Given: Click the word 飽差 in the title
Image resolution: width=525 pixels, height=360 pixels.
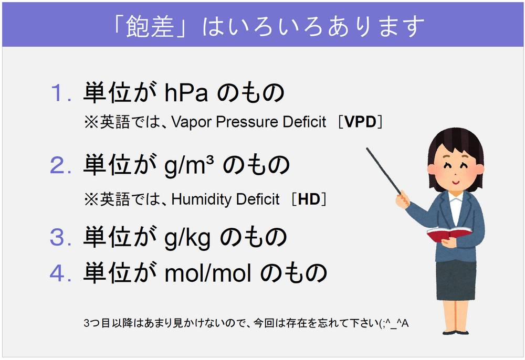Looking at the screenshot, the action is pos(150,26).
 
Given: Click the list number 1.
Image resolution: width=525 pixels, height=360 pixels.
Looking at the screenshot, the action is pos(60,93).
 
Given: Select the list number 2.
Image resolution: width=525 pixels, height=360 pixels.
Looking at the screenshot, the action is pos(60,165).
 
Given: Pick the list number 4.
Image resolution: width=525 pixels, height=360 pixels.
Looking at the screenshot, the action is pos(60,273).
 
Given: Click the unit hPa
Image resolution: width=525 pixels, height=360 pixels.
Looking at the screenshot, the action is pos(186,93).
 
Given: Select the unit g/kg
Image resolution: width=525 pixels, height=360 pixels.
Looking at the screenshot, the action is pos(187,238).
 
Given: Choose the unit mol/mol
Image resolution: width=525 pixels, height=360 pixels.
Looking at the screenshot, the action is pos(208,273).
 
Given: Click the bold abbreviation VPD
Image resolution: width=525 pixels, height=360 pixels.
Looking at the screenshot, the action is pos(360,122).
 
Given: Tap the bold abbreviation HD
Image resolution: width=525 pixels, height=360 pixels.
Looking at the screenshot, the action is pos(309,199).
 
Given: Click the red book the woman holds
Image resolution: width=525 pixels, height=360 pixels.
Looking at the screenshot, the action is pos(449,234).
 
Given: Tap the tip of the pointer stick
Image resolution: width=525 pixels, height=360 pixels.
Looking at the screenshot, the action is pos(367,148).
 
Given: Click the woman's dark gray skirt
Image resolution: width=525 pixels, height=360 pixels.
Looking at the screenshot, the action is pos(456,280).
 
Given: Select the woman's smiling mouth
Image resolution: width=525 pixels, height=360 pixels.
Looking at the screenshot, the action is pos(456,182).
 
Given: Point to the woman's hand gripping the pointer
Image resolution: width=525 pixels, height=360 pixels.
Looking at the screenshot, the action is pos(402,199).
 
